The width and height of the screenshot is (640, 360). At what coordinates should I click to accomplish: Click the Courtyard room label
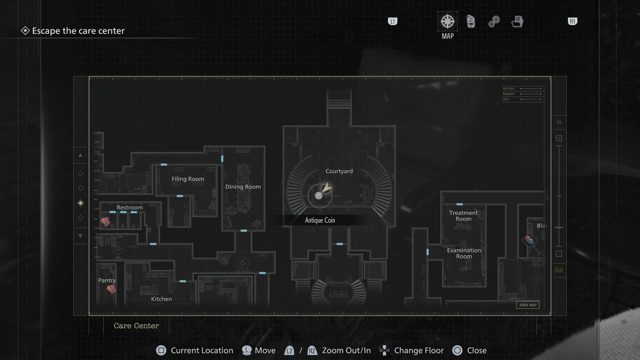(339, 171)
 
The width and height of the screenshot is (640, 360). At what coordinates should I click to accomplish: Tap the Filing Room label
(188, 179)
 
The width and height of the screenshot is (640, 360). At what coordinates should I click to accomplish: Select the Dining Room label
(243, 187)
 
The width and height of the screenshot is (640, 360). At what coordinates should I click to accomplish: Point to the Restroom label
(129, 207)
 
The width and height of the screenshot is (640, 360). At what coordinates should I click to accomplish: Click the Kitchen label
(161, 299)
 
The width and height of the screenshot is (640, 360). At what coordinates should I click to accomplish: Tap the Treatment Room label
(463, 216)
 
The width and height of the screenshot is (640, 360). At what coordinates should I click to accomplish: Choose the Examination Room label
(464, 253)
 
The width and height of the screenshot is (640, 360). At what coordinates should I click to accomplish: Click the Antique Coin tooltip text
(320, 220)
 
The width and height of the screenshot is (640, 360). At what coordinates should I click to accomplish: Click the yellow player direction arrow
(327, 188)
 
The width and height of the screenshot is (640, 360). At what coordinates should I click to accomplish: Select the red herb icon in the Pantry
(111, 289)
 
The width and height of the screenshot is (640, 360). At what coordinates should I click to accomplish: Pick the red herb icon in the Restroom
(105, 221)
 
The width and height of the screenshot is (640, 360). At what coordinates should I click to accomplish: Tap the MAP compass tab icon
(447, 21)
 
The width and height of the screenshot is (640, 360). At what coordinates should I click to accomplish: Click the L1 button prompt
(392, 22)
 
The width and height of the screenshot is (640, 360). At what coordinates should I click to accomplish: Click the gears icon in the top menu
(494, 22)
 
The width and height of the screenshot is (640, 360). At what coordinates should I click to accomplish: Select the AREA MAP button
(528, 305)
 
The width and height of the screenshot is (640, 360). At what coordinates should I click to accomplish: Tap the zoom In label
(559, 122)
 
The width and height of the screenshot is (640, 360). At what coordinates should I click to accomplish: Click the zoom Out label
(559, 270)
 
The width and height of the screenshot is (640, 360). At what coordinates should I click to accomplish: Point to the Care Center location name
(136, 326)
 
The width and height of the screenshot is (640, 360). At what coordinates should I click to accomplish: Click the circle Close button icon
(457, 350)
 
